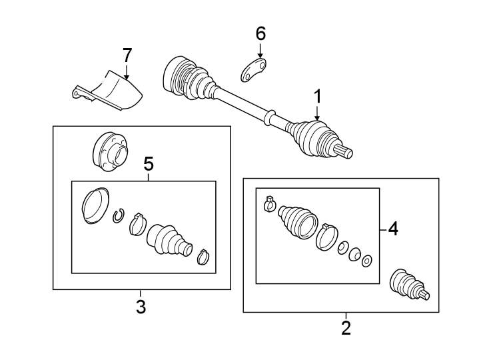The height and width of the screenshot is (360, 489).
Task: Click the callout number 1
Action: point(318,97)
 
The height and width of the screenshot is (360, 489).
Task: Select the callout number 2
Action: point(345,328)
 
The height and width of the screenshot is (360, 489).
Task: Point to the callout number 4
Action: point(393,229)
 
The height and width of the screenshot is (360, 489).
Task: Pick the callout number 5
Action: point(148,163)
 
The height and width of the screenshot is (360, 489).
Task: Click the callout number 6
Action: point(260,33)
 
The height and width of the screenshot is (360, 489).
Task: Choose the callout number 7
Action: point(127,55)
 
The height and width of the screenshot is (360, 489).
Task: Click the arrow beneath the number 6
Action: point(260,51)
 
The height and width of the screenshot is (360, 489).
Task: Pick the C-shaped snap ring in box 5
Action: point(119,215)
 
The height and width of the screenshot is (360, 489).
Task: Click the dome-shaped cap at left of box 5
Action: point(93,206)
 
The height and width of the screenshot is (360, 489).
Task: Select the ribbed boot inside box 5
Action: point(169,240)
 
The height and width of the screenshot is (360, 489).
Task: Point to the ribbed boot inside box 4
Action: point(296,221)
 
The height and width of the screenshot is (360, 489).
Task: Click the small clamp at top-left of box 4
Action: point(269,203)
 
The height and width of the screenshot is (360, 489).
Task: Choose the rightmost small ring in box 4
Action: point(366,259)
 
